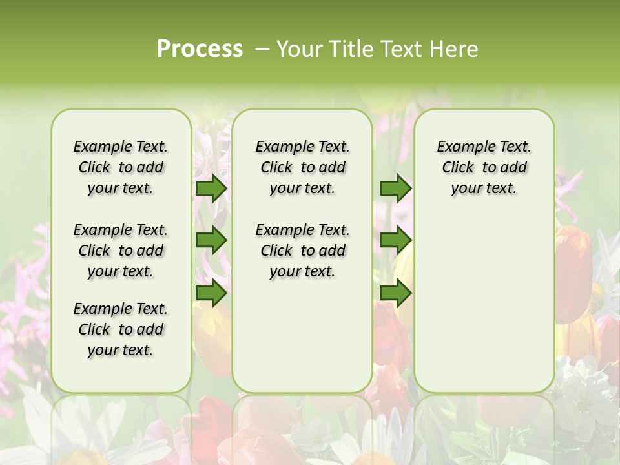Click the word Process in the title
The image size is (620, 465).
tap(200, 49)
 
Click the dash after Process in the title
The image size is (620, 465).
tap(262, 50)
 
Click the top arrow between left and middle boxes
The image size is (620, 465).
tap(211, 188)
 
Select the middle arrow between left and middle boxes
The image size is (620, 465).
tap(211, 240)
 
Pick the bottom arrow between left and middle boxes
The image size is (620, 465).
tap(211, 293)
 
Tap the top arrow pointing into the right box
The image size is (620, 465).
tap(395, 188)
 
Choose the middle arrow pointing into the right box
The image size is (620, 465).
tap(395, 240)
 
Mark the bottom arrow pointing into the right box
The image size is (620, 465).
tap(395, 293)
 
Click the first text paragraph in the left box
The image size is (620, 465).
tap(121, 167)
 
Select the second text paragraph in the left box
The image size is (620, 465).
tap(121, 251)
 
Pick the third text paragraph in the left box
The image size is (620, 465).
tap(121, 329)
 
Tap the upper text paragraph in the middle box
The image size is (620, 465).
tap(302, 167)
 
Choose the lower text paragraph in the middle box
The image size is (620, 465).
tap(302, 251)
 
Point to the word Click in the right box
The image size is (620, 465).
tap(458, 168)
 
